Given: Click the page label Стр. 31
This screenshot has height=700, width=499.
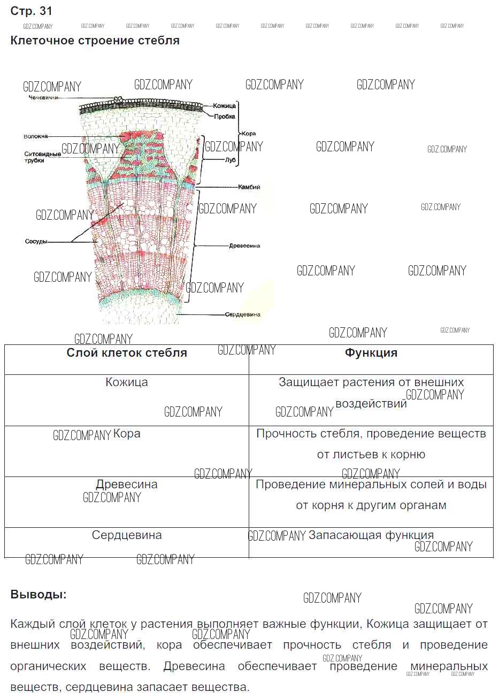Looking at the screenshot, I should click(32, 11).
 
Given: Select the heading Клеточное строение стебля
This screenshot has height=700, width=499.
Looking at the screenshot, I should click(95, 41).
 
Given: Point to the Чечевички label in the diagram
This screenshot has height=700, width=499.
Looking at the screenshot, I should click(43, 98).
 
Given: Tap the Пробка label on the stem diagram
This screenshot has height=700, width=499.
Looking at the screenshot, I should click(224, 117).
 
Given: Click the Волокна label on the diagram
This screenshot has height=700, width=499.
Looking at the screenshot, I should click(36, 137).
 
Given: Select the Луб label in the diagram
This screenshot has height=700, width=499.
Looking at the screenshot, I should click(231, 160).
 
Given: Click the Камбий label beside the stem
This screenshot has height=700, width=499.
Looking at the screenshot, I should click(249, 187).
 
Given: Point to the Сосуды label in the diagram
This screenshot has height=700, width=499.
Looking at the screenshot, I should click(36, 242).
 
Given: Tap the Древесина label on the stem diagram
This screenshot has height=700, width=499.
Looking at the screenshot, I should click(244, 246).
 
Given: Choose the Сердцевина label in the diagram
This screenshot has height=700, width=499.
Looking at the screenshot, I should click(242, 314).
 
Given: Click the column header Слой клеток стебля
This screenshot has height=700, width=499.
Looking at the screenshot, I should click(127, 353).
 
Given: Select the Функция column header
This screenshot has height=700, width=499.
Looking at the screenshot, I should click(371, 353).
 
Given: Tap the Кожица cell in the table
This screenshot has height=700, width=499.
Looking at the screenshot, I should click(127, 382).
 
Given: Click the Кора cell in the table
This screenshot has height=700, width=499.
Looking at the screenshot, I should click(127, 434).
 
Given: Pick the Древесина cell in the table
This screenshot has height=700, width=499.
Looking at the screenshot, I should click(127, 484).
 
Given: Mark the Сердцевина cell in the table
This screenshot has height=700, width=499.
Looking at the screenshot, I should click(127, 535).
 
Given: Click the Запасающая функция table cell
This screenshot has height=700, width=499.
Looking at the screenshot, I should click(371, 535).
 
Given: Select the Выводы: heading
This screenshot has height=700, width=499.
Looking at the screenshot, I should click(39, 595).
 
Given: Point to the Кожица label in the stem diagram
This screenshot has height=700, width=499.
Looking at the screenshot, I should click(224, 106).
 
